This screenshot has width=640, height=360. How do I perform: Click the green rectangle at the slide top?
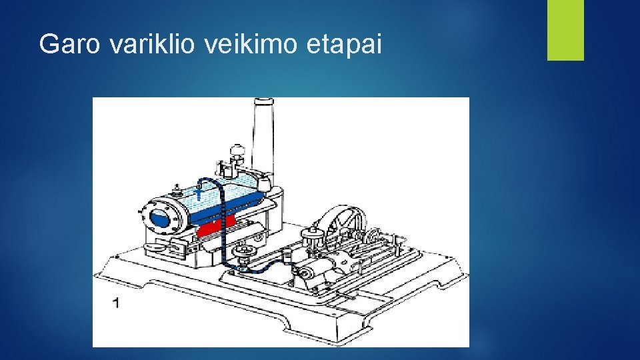[565, 30]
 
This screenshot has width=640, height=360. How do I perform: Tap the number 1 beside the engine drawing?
[117, 303]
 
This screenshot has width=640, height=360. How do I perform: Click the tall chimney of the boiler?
[263, 133]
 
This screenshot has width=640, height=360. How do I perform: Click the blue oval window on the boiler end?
[161, 217]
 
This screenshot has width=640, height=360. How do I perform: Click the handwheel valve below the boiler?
[245, 252]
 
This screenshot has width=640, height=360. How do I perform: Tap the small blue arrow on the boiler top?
[199, 193]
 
